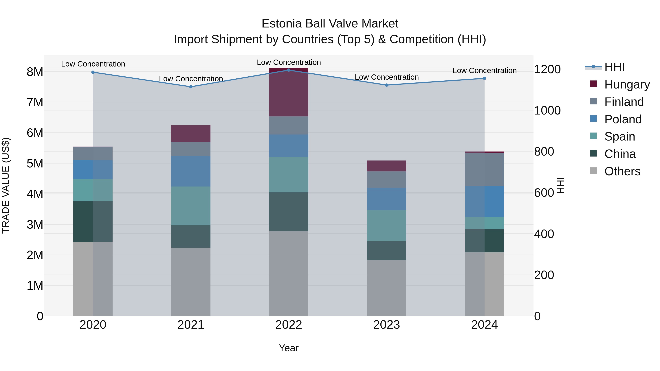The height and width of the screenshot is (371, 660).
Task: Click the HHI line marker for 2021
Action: [191, 87]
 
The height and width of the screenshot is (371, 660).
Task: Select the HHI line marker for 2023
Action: [387, 85]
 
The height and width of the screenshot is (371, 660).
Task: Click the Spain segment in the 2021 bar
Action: [191, 206]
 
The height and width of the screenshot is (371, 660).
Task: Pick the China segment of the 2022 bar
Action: [289, 212]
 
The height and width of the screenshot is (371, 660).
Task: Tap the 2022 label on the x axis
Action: [289, 325]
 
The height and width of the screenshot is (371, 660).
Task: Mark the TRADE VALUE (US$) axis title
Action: [6, 185]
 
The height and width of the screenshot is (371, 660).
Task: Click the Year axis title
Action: [289, 348]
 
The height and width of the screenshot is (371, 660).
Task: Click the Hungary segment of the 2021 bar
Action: [191, 134]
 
